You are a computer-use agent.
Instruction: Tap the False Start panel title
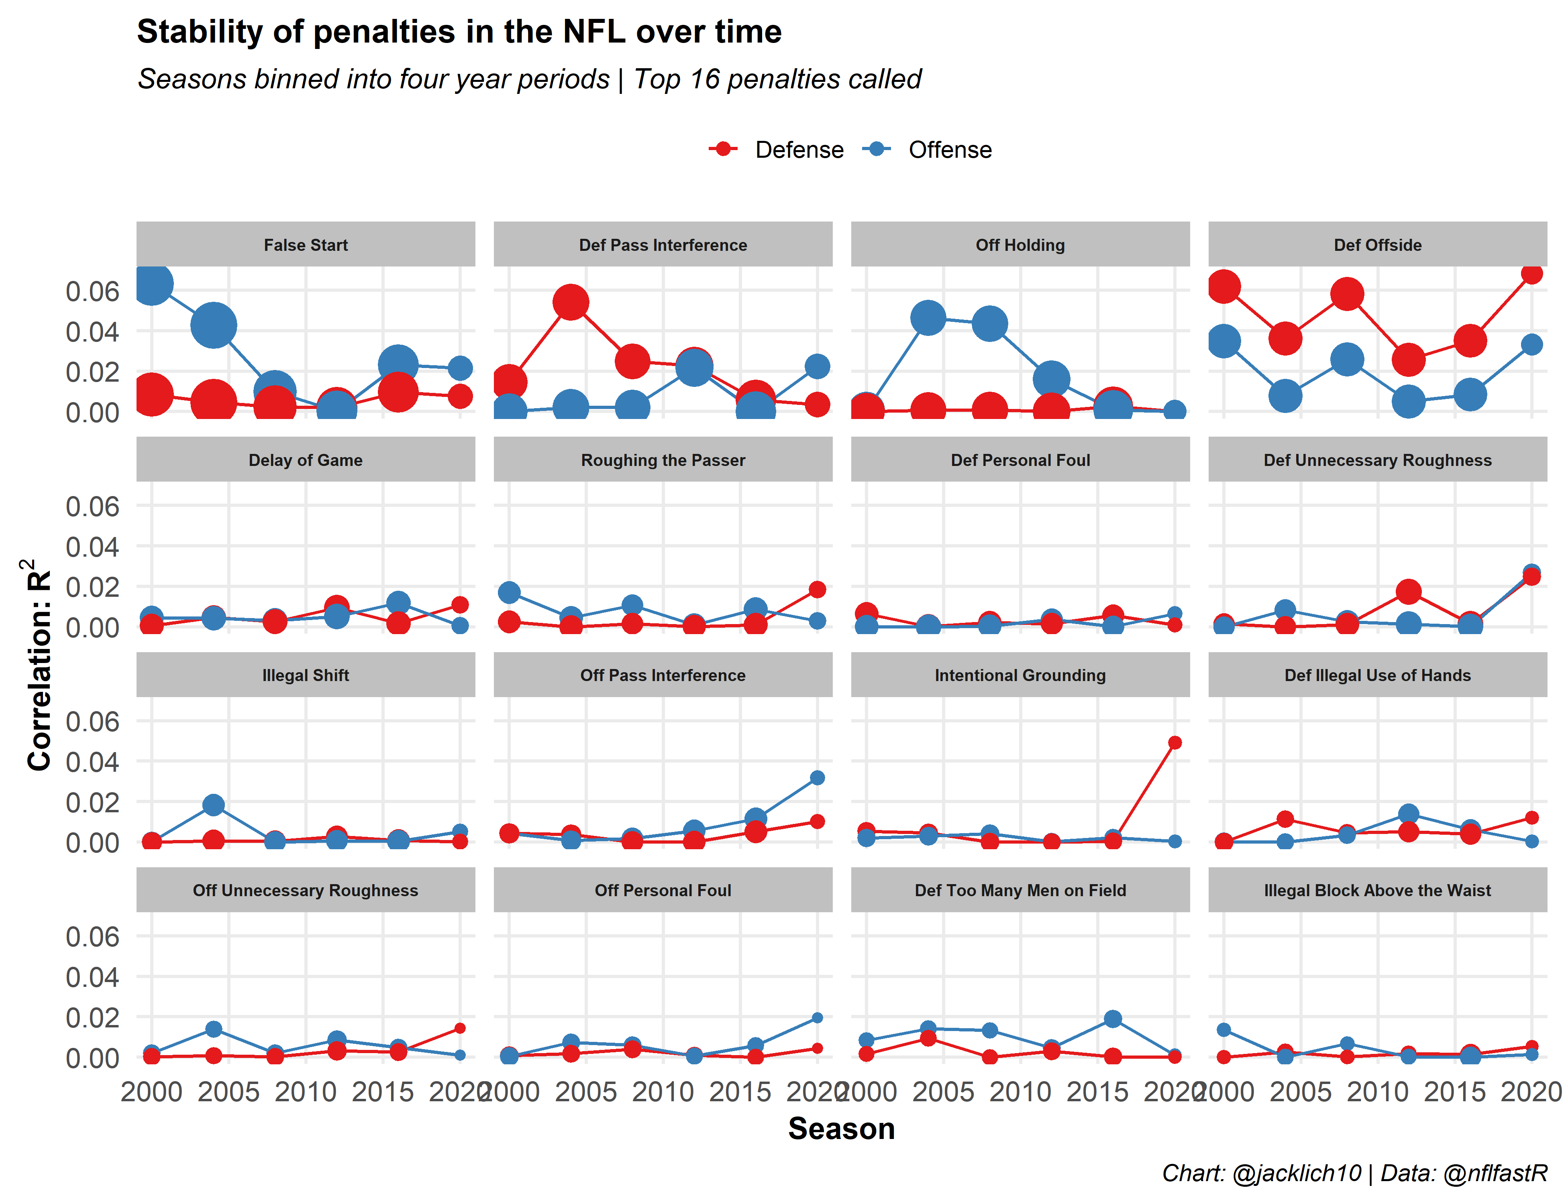click(306, 245)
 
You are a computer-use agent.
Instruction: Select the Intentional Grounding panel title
click(1020, 675)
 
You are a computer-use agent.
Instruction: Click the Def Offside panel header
click(1377, 245)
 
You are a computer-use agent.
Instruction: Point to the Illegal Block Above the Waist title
click(1377, 890)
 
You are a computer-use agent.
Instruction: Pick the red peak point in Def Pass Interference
click(571, 303)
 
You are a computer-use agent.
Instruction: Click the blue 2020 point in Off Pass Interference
click(817, 778)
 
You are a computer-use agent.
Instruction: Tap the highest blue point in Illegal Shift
click(213, 805)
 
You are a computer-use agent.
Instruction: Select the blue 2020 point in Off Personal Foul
click(817, 1018)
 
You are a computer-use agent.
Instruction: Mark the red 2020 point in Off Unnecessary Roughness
click(460, 1028)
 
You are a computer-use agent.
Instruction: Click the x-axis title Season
click(841, 1129)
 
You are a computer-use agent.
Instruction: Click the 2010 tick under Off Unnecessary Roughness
click(306, 1092)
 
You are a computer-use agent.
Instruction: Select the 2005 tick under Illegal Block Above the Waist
click(1300, 1092)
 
